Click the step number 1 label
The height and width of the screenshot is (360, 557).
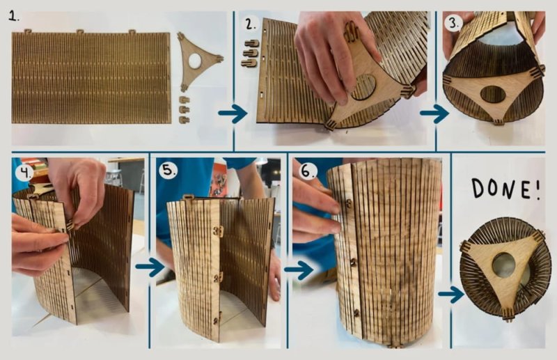click(x=14, y=16)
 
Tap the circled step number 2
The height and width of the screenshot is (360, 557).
click(x=251, y=24)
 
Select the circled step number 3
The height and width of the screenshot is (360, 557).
click(x=455, y=23)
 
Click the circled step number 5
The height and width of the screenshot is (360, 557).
click(x=168, y=171)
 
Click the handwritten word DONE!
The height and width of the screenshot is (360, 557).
click(x=506, y=189)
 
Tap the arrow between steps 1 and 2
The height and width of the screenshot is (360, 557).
click(x=233, y=114)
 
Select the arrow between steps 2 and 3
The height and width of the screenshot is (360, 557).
click(x=434, y=114)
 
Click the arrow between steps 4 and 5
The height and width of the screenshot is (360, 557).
click(x=150, y=267)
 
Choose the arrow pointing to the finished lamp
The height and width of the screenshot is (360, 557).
click(x=451, y=294)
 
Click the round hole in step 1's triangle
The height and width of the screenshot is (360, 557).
click(x=195, y=61)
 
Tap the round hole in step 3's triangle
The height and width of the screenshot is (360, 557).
click(x=493, y=95)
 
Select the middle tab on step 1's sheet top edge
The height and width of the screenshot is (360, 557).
click(x=80, y=31)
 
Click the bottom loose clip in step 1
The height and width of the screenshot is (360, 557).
click(x=185, y=120)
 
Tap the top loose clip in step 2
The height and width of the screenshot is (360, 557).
click(x=251, y=44)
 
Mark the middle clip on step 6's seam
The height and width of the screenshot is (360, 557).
click(x=352, y=263)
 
